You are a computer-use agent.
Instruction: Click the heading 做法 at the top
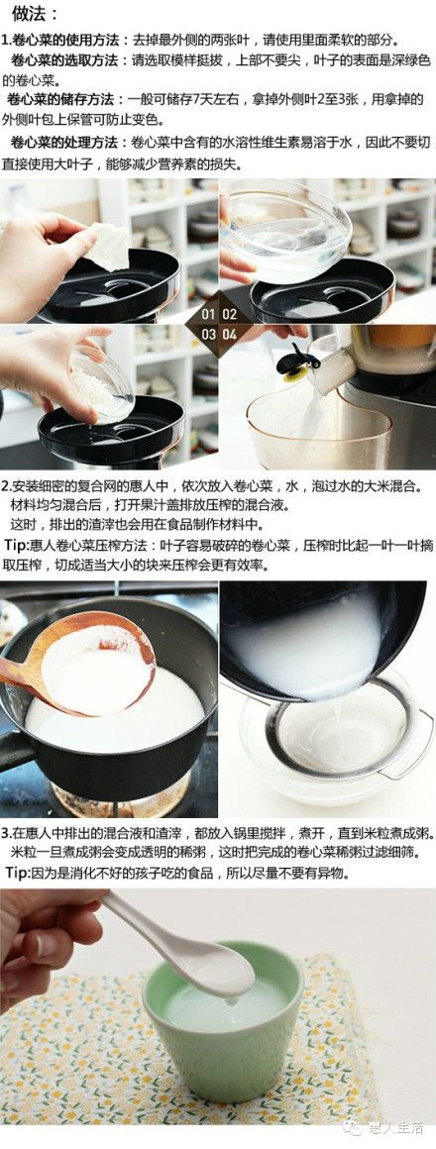(x=32, y=14)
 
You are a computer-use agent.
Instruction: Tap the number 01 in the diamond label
(x=208, y=315)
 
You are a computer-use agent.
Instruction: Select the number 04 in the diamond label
(x=229, y=334)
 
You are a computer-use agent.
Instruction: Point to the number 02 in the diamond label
(x=229, y=315)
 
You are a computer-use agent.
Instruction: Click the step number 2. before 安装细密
(x=6, y=486)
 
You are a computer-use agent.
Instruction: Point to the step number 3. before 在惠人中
(x=6, y=834)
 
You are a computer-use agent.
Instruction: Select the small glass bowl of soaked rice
(x=103, y=383)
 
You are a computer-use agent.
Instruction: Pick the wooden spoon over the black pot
(x=80, y=660)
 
